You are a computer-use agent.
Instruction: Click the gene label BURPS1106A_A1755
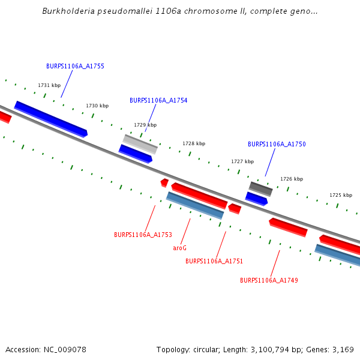tap(75, 66)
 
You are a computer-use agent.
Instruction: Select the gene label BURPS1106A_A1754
tap(158, 100)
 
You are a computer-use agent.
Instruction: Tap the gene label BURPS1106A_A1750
tap(277, 144)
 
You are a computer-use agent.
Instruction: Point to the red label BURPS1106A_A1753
tap(143, 235)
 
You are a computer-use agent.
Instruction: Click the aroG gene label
tap(180, 248)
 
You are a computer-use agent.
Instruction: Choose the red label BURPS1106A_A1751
tap(214, 261)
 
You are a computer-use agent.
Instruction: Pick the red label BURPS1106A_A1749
tap(269, 280)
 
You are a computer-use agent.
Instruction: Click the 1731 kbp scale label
tap(49, 85)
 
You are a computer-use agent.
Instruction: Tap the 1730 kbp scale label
tap(97, 106)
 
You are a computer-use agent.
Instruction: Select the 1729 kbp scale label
tap(145, 125)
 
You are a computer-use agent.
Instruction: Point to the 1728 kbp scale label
tap(194, 143)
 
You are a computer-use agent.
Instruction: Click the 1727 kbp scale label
tap(242, 161)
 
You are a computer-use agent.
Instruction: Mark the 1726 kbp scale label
tap(292, 179)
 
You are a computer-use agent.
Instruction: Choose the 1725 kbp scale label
tap(341, 195)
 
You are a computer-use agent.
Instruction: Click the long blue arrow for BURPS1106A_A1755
tap(51, 118)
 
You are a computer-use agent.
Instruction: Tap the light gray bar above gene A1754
tap(140, 144)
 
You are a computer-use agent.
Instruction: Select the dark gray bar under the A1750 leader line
tap(261, 189)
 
